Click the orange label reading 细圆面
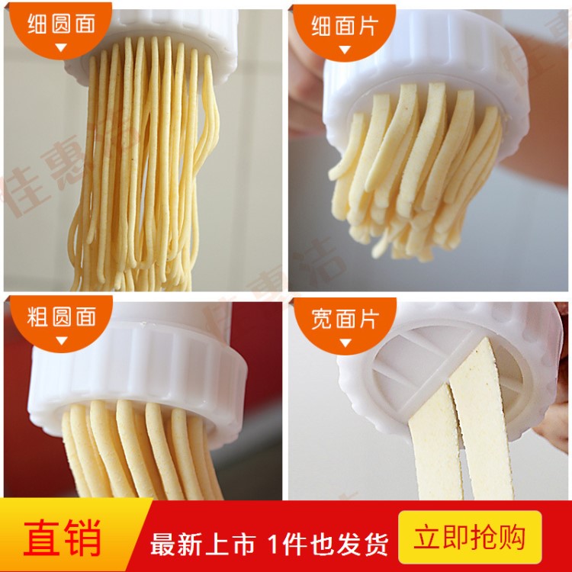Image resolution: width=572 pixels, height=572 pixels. [x=61, y=24]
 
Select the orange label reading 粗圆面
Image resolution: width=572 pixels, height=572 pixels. [x=61, y=317]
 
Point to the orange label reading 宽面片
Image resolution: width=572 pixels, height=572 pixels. [x=345, y=319]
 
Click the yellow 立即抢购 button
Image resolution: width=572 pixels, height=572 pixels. [x=470, y=537]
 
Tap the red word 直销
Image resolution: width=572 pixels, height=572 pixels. [x=62, y=538]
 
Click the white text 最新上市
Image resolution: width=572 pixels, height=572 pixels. [x=203, y=545]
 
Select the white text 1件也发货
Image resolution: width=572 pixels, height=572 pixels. [x=328, y=545]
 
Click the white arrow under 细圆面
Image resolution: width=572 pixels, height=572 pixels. [x=61, y=47]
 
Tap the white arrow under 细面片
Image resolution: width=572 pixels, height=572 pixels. [x=345, y=50]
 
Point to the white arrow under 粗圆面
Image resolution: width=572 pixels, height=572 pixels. [x=61, y=340]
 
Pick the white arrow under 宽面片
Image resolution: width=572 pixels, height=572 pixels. [x=345, y=342]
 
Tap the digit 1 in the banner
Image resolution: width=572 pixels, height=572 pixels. [x=275, y=545]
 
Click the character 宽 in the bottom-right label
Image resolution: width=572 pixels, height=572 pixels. [x=322, y=319]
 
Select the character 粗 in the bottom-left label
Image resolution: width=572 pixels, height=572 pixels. [x=37, y=317]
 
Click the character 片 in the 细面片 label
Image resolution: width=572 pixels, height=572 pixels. [x=368, y=26]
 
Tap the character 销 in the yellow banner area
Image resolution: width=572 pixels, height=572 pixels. [x=82, y=538]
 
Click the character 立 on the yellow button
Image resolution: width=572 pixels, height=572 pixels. [x=427, y=538]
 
